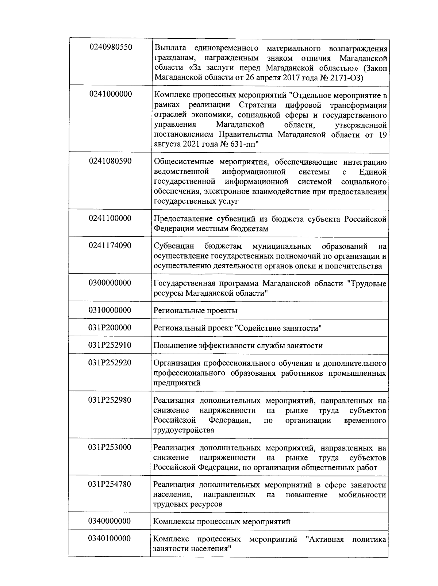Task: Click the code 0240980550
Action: pos(110,47)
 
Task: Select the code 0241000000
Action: pos(110,94)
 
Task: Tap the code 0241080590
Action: pos(110,161)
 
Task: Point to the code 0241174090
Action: pos(110,245)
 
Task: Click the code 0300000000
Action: pos(110,283)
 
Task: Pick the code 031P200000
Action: pos(109,328)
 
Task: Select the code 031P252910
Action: pos(109,345)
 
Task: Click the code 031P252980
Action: pos(109,400)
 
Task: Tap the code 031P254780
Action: pos(109,484)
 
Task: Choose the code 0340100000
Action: pos(109,539)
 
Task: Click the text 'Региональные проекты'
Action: pos(195,311)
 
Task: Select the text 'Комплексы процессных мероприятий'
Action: pos(222,522)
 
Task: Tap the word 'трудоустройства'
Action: pos(184,430)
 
